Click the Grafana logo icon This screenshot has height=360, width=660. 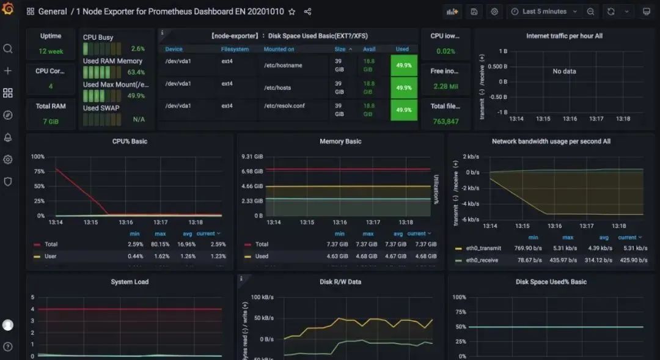[x=8, y=10]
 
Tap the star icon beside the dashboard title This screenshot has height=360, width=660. [x=292, y=12]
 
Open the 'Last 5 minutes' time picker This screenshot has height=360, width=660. [x=538, y=12]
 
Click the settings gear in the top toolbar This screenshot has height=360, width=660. [x=494, y=12]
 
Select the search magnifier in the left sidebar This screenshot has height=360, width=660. [x=8, y=49]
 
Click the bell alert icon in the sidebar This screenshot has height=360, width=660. [x=8, y=138]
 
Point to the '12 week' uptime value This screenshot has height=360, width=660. [x=51, y=52]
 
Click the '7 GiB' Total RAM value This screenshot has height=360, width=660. [x=51, y=121]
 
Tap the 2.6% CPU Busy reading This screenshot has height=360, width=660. [x=137, y=49]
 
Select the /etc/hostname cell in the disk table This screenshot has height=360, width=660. [x=283, y=65]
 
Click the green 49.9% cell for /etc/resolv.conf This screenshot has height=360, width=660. [x=403, y=110]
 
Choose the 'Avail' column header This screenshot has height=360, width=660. [x=369, y=49]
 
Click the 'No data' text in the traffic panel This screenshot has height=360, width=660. [x=564, y=72]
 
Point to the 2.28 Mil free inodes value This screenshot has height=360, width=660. [x=445, y=86]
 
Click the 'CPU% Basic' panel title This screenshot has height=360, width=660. [x=130, y=141]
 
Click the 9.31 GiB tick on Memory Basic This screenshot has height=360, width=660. [x=252, y=157]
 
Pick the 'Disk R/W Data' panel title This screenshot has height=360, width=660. [x=340, y=282]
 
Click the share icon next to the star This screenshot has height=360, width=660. [x=307, y=12]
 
